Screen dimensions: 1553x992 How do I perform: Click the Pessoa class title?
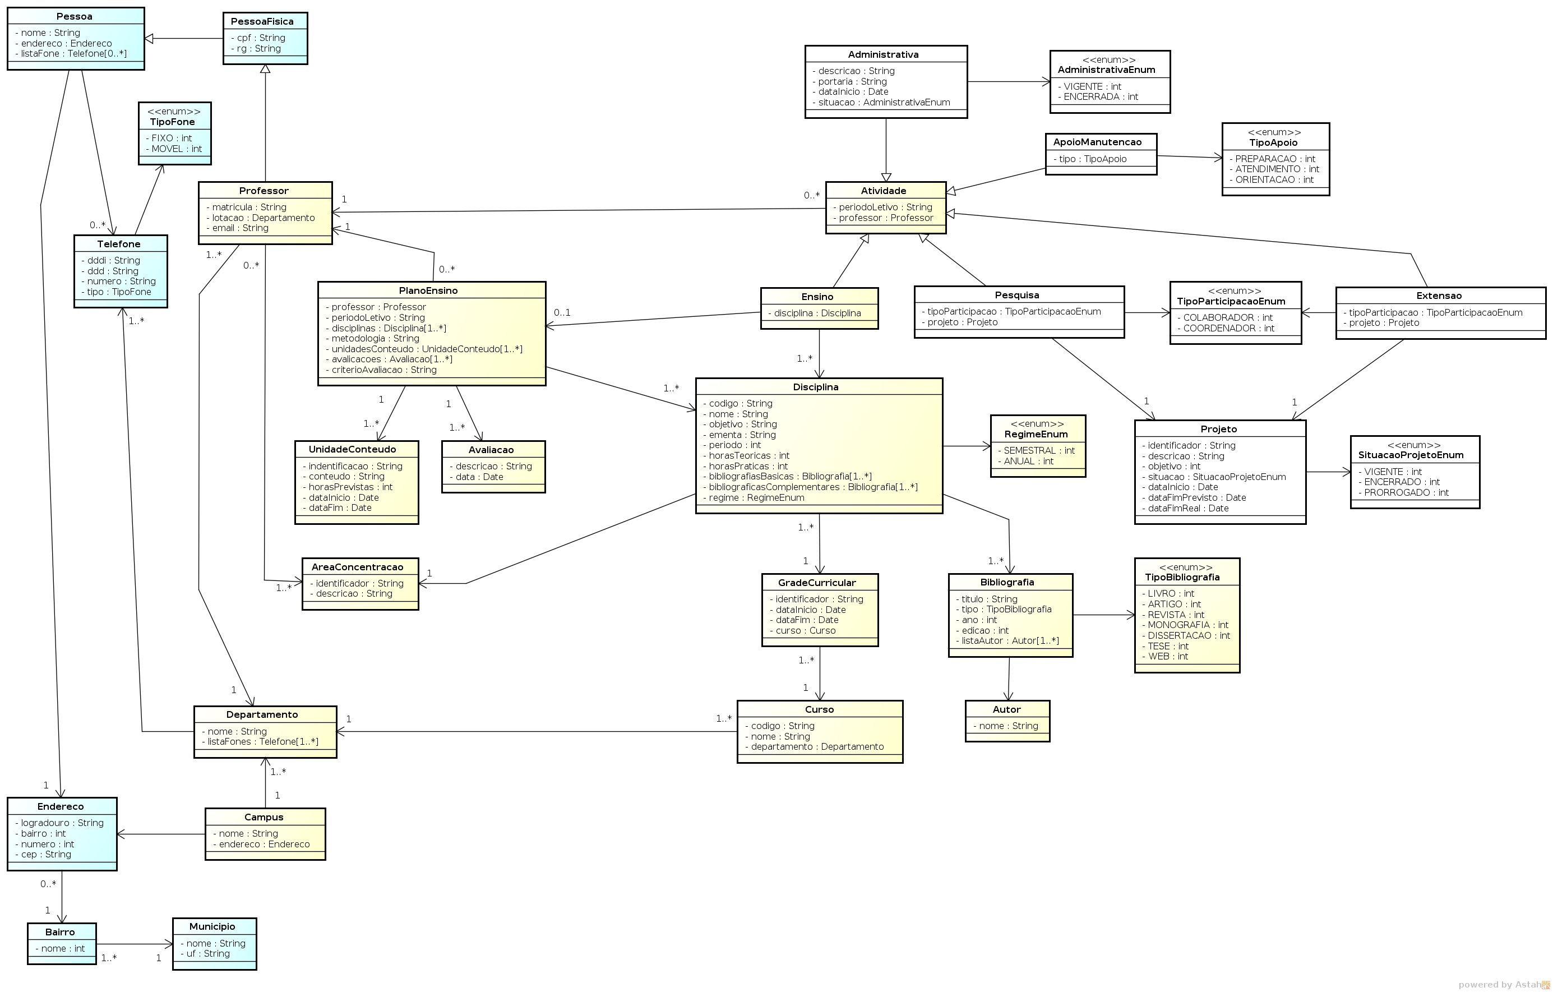(74, 16)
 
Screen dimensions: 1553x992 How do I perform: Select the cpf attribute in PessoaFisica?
(258, 38)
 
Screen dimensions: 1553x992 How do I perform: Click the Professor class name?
(264, 191)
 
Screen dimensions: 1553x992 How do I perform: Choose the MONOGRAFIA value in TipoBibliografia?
(1185, 626)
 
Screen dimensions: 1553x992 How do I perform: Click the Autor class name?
(1006, 710)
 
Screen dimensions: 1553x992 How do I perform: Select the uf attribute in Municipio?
(205, 954)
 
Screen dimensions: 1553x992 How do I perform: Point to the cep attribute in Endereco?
(43, 855)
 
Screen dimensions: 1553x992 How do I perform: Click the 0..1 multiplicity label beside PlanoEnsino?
(562, 313)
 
